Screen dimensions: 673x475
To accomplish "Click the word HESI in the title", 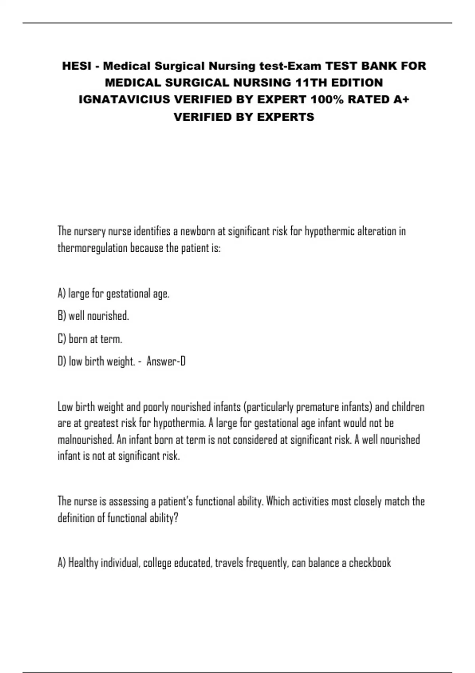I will point(76,66).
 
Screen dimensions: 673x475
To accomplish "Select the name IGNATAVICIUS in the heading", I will point(125,99).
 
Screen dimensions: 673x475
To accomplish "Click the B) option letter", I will point(62,316).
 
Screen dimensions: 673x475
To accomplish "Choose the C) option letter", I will point(62,339).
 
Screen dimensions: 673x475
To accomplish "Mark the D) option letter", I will point(62,361).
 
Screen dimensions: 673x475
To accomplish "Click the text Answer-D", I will point(166,361).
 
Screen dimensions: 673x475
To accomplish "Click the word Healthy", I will point(83,563).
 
